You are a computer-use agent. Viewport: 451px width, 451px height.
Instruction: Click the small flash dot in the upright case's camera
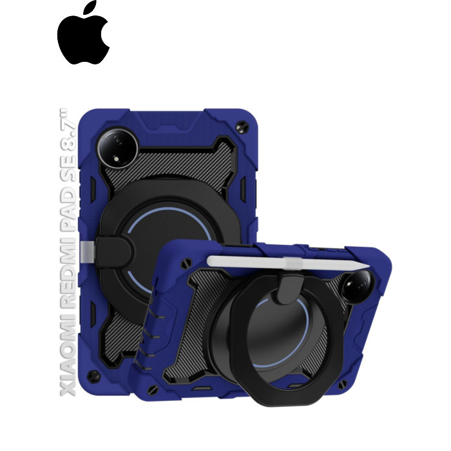[x=117, y=158]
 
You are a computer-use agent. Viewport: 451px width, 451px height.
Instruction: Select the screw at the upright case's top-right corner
[x=242, y=126]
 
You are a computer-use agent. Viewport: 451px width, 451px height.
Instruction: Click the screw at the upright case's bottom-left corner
[x=94, y=376]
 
